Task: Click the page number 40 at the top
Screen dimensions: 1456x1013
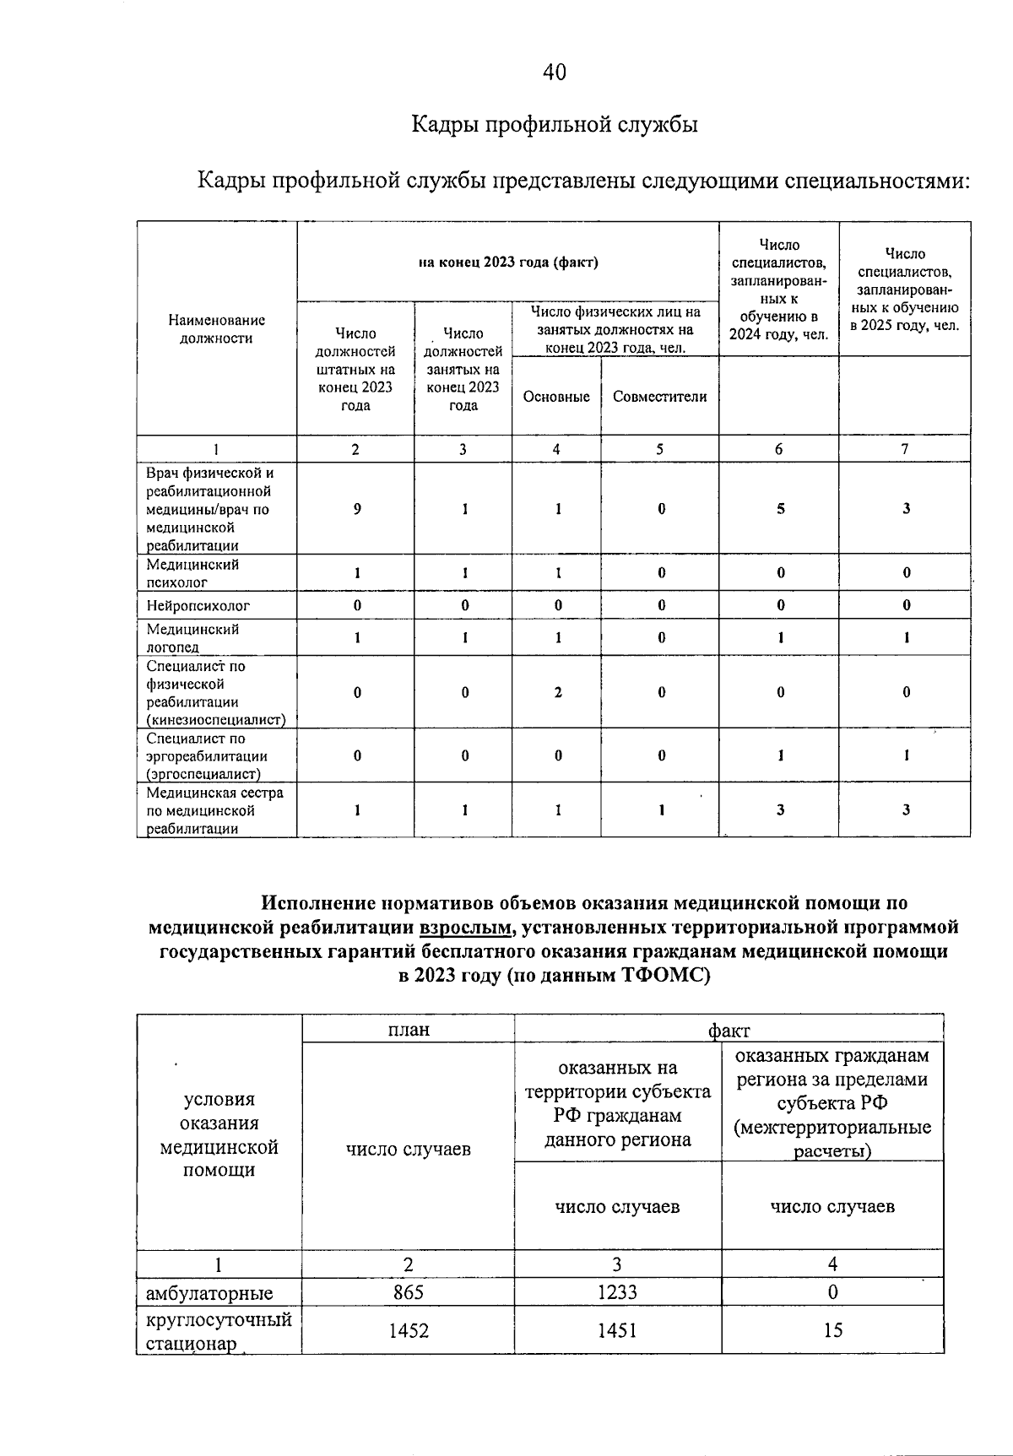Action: pos(555,73)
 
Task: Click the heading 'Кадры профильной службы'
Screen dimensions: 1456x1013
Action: pos(555,125)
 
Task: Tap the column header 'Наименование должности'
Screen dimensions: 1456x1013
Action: pos(217,329)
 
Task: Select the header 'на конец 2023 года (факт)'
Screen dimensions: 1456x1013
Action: pos(508,262)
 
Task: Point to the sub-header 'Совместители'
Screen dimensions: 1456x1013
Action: pos(659,397)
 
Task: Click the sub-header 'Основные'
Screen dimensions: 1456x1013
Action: pos(556,397)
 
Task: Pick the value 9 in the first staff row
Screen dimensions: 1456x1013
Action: pos(357,509)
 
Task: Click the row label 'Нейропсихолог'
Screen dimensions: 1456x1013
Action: pos(198,605)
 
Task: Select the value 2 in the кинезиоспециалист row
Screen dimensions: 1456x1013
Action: pos(558,692)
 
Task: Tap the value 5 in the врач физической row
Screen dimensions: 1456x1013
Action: pos(780,509)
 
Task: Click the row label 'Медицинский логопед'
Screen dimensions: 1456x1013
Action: pos(193,638)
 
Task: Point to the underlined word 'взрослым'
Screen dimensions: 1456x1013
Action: pos(465,928)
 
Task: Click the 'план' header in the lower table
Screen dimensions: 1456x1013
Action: pos(408,1030)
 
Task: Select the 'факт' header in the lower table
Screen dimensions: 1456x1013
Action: pos(729,1030)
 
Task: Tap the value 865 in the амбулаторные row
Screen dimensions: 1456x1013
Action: pos(408,1292)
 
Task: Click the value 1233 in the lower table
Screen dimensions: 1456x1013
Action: pos(617,1292)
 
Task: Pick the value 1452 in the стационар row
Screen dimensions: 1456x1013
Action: pos(408,1330)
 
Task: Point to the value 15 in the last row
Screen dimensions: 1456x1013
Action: pos(832,1330)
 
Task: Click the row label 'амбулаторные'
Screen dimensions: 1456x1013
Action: pos(209,1293)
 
